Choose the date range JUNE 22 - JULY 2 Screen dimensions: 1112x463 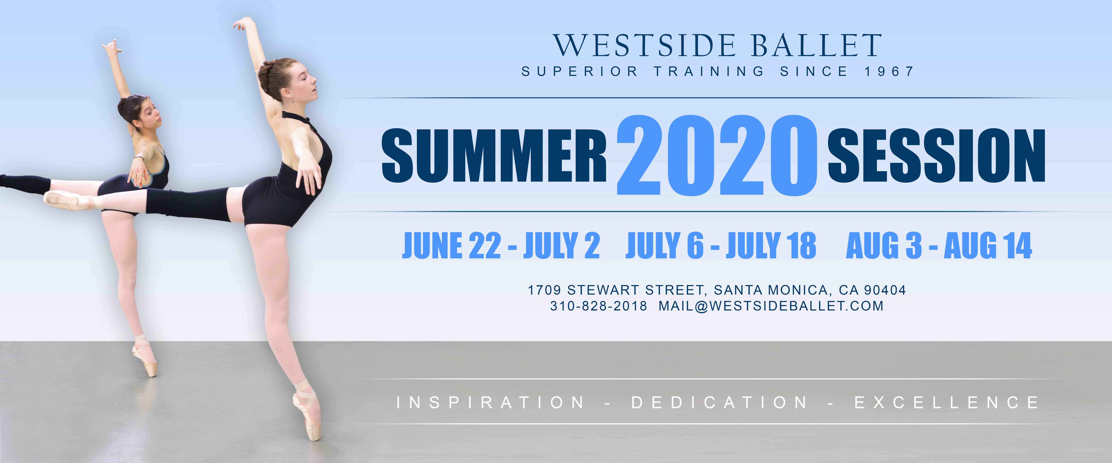tap(501, 246)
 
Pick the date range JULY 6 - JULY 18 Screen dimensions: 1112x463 tap(721, 246)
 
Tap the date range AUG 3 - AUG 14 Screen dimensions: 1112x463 tap(939, 246)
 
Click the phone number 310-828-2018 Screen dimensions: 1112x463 tap(598, 306)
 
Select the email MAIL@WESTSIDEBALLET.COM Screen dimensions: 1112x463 tap(771, 306)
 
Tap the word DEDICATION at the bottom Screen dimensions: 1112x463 tap(719, 403)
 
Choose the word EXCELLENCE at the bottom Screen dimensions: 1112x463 tap(947, 403)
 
